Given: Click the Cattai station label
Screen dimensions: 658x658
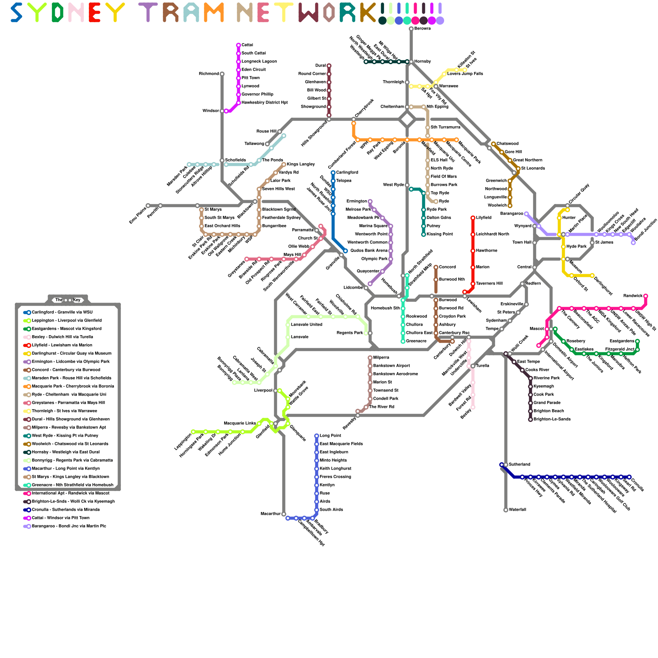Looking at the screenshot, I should point(247,45).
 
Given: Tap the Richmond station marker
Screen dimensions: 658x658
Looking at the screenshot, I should point(222,74).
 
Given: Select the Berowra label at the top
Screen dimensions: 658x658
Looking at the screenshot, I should point(422,28).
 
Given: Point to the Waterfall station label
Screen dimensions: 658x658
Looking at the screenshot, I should point(517,510).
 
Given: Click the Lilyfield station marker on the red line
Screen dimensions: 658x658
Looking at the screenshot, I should point(473,218).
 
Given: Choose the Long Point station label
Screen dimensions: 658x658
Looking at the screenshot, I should point(330,436).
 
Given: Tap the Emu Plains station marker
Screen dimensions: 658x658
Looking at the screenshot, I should point(148,206).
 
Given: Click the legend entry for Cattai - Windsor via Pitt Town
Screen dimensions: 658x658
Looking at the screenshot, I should point(60,518).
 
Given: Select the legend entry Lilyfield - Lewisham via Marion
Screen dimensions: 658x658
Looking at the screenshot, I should point(62,345).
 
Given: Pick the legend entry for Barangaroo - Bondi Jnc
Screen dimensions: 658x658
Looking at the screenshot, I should point(69,526).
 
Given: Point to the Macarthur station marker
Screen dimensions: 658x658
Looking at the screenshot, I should point(284,514).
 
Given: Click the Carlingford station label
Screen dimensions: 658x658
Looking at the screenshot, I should point(347,172).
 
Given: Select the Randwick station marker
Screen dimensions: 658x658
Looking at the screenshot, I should point(646,296).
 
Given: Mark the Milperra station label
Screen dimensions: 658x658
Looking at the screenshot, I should point(381,357).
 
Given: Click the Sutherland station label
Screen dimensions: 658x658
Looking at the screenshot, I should point(519,464).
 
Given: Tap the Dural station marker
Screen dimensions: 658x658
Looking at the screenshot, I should point(329,66).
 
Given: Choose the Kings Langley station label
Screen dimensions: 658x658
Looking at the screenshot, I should point(301,164).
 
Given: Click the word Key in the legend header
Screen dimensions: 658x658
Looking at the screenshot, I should point(76,300).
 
